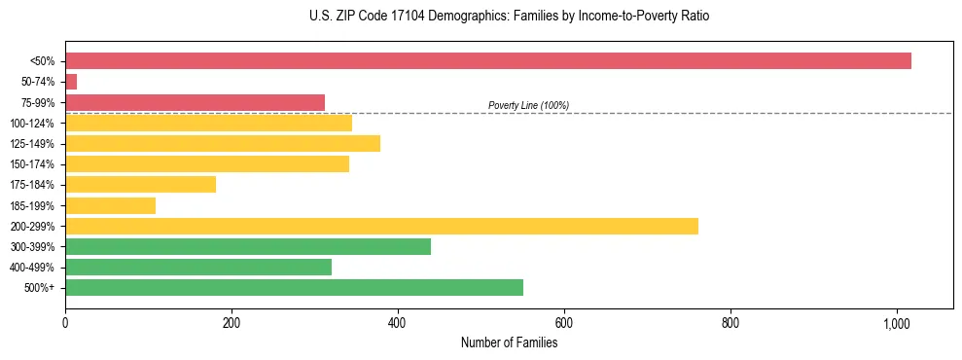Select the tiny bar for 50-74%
71,82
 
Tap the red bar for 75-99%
195,102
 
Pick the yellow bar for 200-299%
381,226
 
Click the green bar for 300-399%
248,246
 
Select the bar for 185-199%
110,205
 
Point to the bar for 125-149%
223,143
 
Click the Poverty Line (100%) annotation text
528,105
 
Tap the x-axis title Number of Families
509,342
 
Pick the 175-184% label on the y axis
32,185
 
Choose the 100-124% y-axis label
32,123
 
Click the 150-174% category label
32,164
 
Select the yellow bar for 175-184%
140,185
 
